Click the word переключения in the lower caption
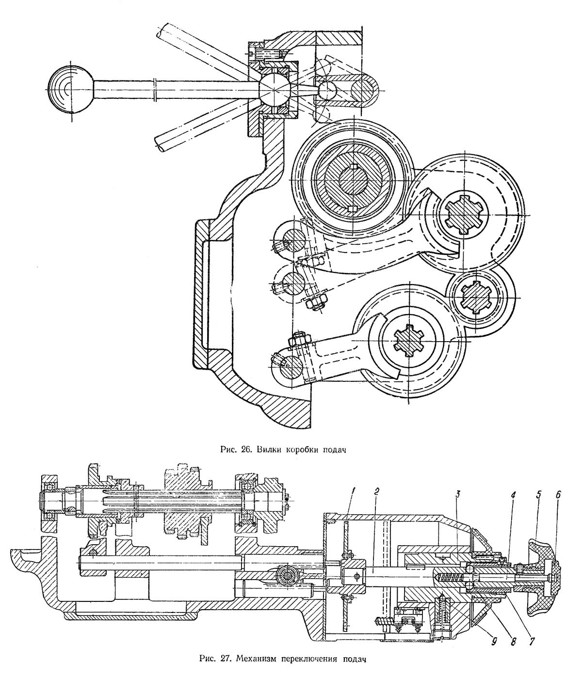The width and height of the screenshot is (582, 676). point(310,660)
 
